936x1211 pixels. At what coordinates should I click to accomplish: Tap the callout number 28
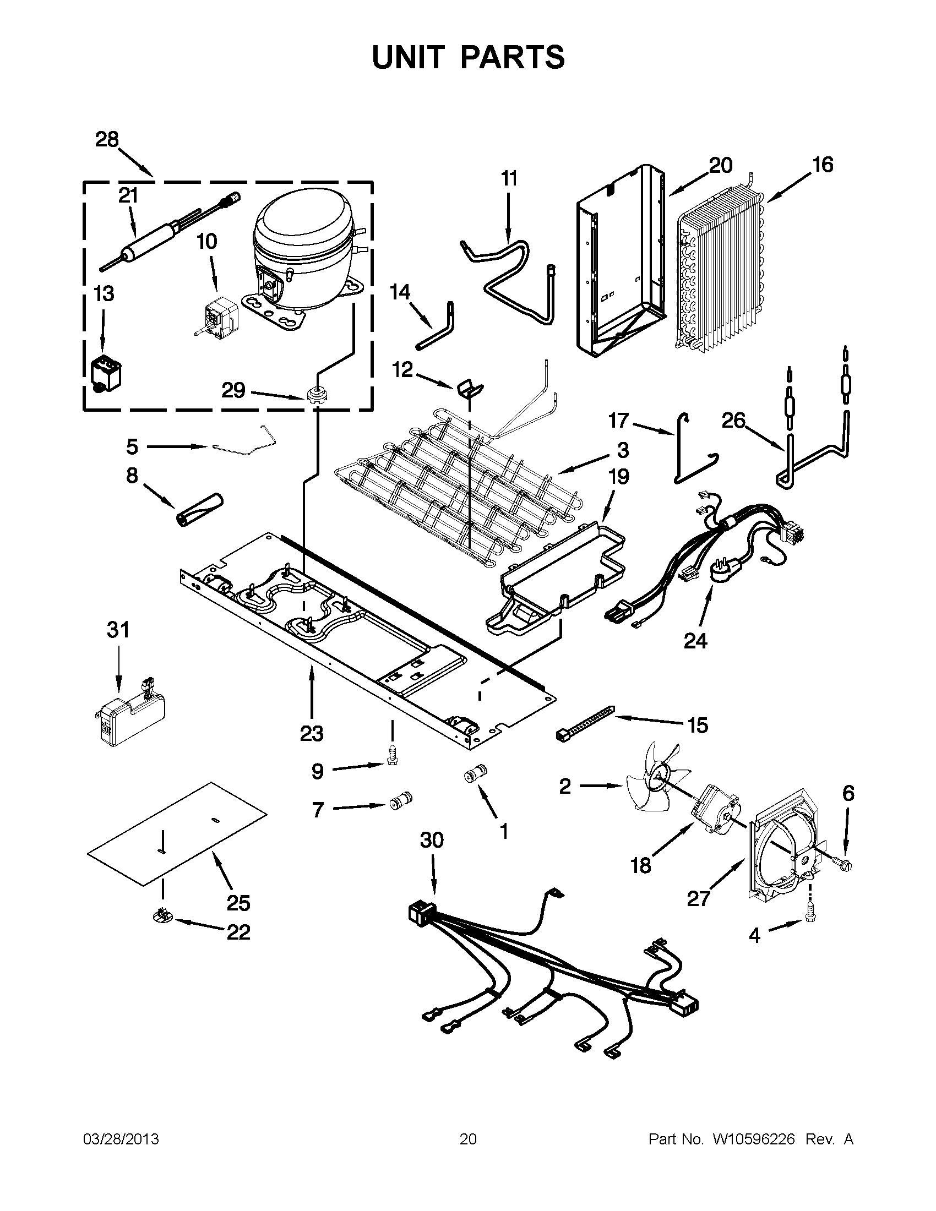click(107, 139)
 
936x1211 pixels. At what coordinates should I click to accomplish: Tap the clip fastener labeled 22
click(162, 919)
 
